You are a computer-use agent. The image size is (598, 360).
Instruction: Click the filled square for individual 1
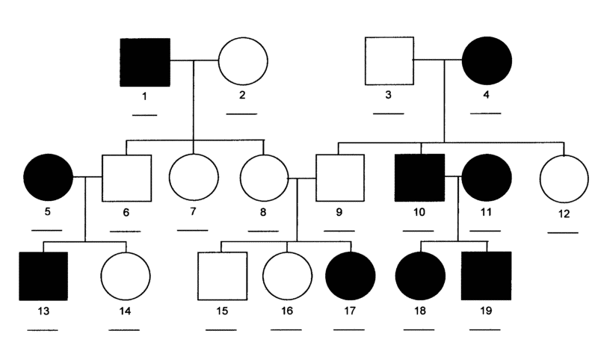click(145, 62)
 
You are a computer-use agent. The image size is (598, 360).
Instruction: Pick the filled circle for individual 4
click(487, 60)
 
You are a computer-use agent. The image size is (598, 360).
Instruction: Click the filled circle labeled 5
click(48, 177)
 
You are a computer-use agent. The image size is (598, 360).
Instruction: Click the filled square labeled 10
click(419, 178)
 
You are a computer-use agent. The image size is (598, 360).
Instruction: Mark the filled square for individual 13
click(43, 276)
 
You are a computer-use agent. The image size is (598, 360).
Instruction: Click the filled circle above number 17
click(351, 276)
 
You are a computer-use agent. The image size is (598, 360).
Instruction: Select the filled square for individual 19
click(487, 276)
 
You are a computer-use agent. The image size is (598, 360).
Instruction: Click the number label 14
click(125, 311)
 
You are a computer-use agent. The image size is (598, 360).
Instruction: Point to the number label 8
click(263, 212)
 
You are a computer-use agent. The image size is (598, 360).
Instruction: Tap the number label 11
click(486, 212)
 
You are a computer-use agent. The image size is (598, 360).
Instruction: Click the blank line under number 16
click(286, 329)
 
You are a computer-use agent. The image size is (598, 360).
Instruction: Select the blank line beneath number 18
click(419, 329)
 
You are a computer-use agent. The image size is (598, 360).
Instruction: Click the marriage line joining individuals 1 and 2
click(194, 60)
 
